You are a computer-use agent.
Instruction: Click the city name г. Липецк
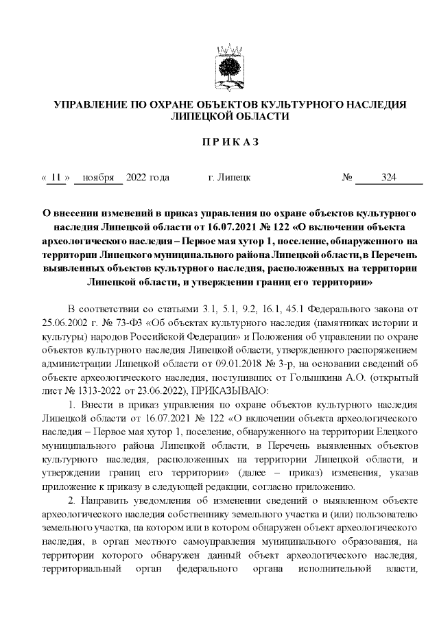point(228,178)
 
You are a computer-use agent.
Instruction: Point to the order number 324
point(388,178)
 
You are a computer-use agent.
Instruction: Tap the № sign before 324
point(347,178)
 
